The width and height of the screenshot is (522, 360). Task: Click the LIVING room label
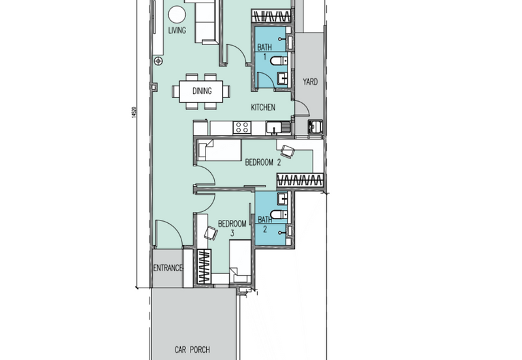click(177, 30)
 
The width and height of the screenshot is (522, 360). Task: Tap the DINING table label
click(202, 91)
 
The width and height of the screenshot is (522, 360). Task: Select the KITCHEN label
click(263, 107)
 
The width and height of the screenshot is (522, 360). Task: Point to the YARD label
click(310, 82)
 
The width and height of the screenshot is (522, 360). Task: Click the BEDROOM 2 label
click(263, 162)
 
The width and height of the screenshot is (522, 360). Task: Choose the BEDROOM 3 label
click(232, 228)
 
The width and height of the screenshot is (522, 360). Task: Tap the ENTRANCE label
click(168, 268)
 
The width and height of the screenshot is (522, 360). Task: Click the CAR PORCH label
click(192, 350)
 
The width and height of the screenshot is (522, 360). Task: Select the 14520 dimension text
click(134, 112)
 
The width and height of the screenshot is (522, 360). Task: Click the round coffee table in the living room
click(176, 14)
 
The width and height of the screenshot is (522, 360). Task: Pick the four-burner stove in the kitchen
click(242, 127)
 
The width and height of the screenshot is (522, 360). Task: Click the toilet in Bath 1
click(279, 61)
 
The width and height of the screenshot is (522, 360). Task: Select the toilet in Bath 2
click(279, 215)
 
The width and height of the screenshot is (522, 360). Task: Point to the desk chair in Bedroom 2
click(287, 151)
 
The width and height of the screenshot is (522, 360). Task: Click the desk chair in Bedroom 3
click(211, 233)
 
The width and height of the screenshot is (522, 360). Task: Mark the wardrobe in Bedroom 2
click(300, 180)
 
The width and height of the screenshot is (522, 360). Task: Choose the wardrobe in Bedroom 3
click(204, 267)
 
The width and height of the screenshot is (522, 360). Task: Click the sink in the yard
click(315, 127)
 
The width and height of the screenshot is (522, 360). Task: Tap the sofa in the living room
click(206, 22)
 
